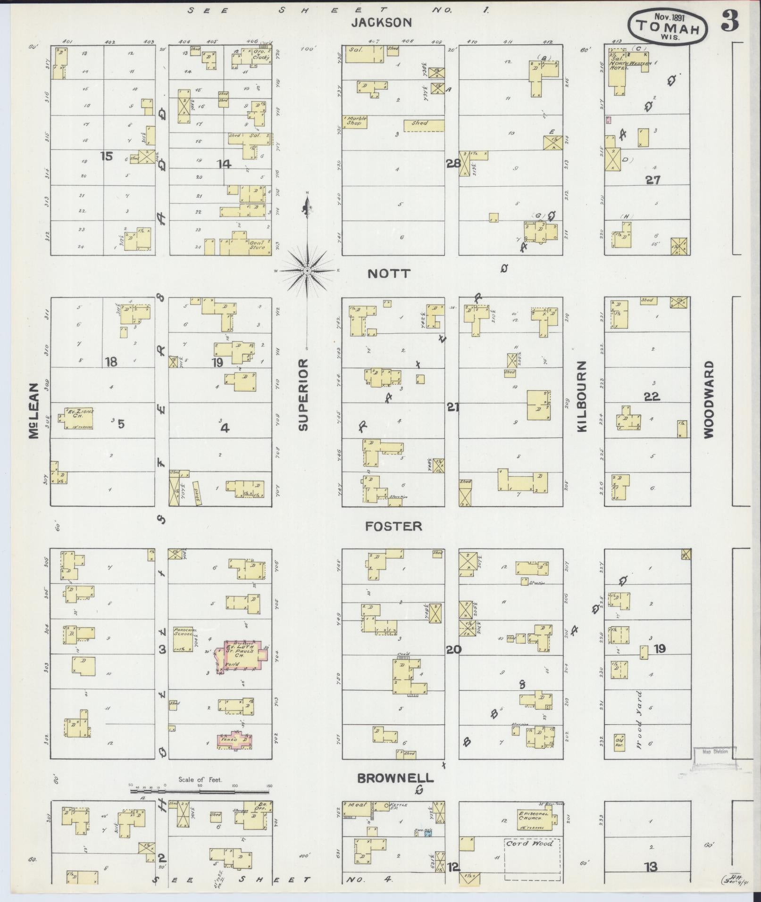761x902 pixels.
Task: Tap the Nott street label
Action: (x=389, y=273)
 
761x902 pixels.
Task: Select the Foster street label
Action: (x=393, y=526)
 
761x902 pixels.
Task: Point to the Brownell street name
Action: (x=395, y=778)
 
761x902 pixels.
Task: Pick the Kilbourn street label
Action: (x=581, y=396)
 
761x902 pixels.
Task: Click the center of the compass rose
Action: (x=307, y=271)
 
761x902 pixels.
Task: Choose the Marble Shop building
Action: (x=356, y=121)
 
